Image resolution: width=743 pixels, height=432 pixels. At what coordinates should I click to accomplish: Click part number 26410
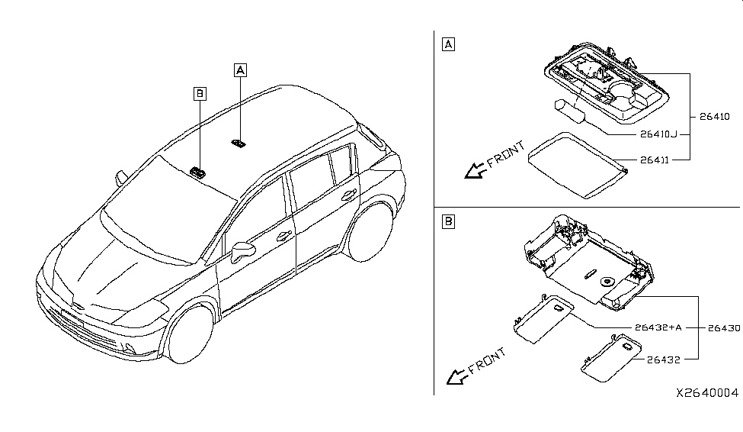point(715,117)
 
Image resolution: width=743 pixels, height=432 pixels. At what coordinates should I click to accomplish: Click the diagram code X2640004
point(706,392)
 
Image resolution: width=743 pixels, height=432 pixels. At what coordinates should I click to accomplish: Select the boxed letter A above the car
point(240,70)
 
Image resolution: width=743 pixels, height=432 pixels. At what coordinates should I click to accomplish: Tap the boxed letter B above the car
point(200,93)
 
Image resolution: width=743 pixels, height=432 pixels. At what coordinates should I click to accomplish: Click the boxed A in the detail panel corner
point(448,44)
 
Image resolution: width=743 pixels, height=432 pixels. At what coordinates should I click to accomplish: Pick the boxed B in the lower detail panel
point(448,221)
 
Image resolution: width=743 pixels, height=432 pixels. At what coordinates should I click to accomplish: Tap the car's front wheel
point(188,334)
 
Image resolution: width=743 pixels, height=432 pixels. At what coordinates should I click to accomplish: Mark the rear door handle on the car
point(349,195)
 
